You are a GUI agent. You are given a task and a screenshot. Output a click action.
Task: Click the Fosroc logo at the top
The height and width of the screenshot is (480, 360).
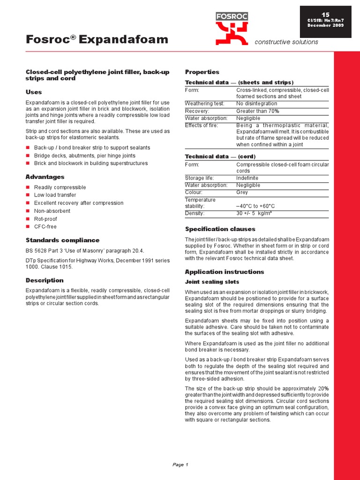point(232,28)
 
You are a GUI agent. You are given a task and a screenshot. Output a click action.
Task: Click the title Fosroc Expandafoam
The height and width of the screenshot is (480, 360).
point(97,40)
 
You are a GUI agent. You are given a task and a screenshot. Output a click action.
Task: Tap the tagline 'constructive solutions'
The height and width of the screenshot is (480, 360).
point(286,42)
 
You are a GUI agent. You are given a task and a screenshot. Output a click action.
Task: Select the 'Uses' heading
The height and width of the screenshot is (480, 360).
point(33,92)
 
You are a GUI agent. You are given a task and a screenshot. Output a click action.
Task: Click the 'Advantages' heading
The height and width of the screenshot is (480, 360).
point(45,177)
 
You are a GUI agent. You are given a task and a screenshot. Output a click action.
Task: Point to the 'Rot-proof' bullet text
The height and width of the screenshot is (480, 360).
point(46,219)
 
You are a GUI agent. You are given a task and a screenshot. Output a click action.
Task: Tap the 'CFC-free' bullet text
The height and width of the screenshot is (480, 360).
point(45,227)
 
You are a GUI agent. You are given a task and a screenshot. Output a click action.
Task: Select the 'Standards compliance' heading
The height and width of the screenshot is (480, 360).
point(62,240)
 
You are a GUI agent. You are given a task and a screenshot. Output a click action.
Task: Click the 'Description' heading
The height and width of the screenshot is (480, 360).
point(45,280)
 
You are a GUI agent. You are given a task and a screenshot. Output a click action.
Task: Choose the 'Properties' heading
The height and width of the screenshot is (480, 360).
point(202,72)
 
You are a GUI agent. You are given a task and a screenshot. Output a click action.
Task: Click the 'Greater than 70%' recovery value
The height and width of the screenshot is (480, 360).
point(257,111)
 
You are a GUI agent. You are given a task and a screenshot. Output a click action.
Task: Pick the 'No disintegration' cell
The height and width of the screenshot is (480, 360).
point(256,104)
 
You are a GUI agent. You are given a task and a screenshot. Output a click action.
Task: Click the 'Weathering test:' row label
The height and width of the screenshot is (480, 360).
point(204,104)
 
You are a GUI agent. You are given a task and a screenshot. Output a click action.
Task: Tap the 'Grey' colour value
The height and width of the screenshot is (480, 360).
point(242,192)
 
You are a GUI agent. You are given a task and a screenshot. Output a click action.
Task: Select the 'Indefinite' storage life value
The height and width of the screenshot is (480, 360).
point(247,178)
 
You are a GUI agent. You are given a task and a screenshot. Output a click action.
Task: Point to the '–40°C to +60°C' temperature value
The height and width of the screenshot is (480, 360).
point(255,206)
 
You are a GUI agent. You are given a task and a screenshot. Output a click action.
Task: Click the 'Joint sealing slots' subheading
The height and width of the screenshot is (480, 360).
point(212,282)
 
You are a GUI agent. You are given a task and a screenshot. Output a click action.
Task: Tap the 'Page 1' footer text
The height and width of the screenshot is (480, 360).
point(180,465)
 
